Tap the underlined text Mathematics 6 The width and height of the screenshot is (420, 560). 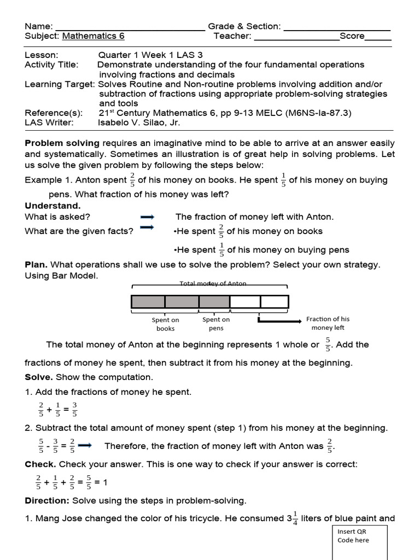click(94, 36)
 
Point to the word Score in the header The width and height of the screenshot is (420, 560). click(352, 36)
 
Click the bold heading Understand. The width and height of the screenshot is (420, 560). click(52, 206)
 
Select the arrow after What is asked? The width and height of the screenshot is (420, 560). click(147, 217)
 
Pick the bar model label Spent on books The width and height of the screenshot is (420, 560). click(165, 324)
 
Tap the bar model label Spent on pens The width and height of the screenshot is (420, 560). click(216, 324)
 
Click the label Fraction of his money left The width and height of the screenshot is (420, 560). click(328, 323)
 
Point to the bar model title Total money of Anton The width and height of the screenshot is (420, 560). click(213, 284)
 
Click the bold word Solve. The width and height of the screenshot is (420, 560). click(39, 377)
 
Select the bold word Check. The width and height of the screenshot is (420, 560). click(40, 464)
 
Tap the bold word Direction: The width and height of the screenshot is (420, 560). click(47, 500)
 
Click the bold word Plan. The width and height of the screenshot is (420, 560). click(36, 265)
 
